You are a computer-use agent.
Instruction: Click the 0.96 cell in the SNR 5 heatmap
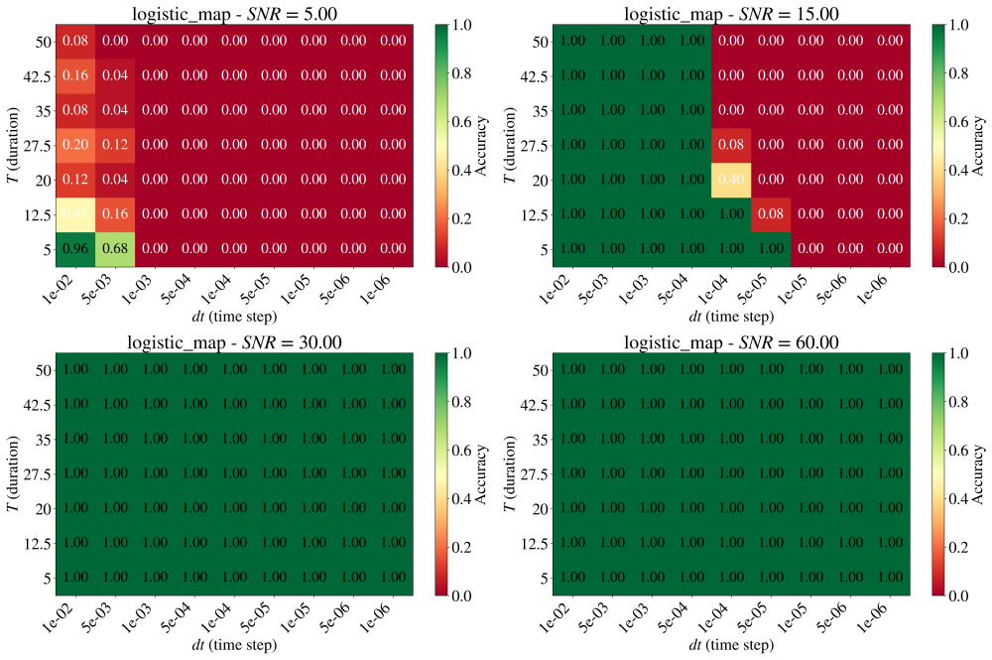pyautogui.click(x=75, y=249)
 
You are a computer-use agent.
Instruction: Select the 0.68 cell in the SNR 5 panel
pyautogui.click(x=115, y=249)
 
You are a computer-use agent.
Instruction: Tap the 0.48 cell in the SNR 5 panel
pyautogui.click(x=75, y=214)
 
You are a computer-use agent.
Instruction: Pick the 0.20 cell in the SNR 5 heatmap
pyautogui.click(x=75, y=145)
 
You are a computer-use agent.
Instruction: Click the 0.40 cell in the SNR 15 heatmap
pyautogui.click(x=731, y=180)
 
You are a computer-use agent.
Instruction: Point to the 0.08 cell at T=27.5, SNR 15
pyautogui.click(x=731, y=145)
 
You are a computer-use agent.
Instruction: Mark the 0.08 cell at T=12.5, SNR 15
pyautogui.click(x=771, y=214)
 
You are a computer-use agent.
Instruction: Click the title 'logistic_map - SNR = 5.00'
pyautogui.click(x=235, y=14)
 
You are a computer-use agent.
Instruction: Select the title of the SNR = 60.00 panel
pyautogui.click(x=731, y=342)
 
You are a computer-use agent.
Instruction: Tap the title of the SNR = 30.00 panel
pyautogui.click(x=235, y=342)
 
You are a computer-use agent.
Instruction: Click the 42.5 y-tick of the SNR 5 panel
pyautogui.click(x=38, y=76)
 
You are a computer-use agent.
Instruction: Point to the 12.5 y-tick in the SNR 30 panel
pyautogui.click(x=38, y=544)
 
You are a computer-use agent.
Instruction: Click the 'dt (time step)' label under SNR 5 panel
pyautogui.click(x=235, y=316)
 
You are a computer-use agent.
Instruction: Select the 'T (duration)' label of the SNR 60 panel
pyautogui.click(x=510, y=474)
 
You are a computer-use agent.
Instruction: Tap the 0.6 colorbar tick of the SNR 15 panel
pyautogui.click(x=958, y=122)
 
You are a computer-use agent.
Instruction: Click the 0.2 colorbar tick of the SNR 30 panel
pyautogui.click(x=462, y=548)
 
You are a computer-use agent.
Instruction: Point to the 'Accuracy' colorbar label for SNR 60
pyautogui.click(x=979, y=474)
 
